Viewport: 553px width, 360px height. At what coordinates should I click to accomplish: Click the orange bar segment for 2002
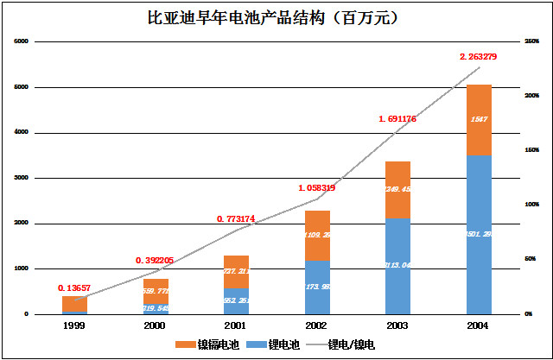317,235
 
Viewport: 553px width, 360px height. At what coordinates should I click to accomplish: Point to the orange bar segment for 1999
74,304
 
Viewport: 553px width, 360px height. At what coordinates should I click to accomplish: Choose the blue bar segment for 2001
237,300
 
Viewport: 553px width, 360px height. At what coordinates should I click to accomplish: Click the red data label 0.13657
75,287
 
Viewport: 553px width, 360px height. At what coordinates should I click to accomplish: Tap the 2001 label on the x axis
237,325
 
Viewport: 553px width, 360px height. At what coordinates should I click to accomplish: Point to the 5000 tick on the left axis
22,87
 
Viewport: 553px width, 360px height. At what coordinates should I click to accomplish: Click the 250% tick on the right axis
531,41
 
